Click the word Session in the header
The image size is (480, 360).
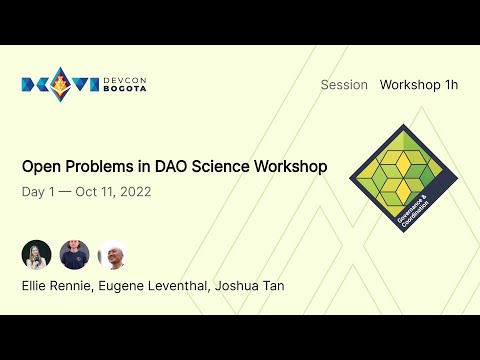(x=344, y=85)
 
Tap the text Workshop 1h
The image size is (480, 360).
(x=418, y=85)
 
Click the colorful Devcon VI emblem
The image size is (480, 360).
(x=59, y=84)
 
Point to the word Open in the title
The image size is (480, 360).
(x=40, y=167)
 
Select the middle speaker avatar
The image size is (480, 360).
(x=74, y=255)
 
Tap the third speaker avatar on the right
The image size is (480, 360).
(x=112, y=255)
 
